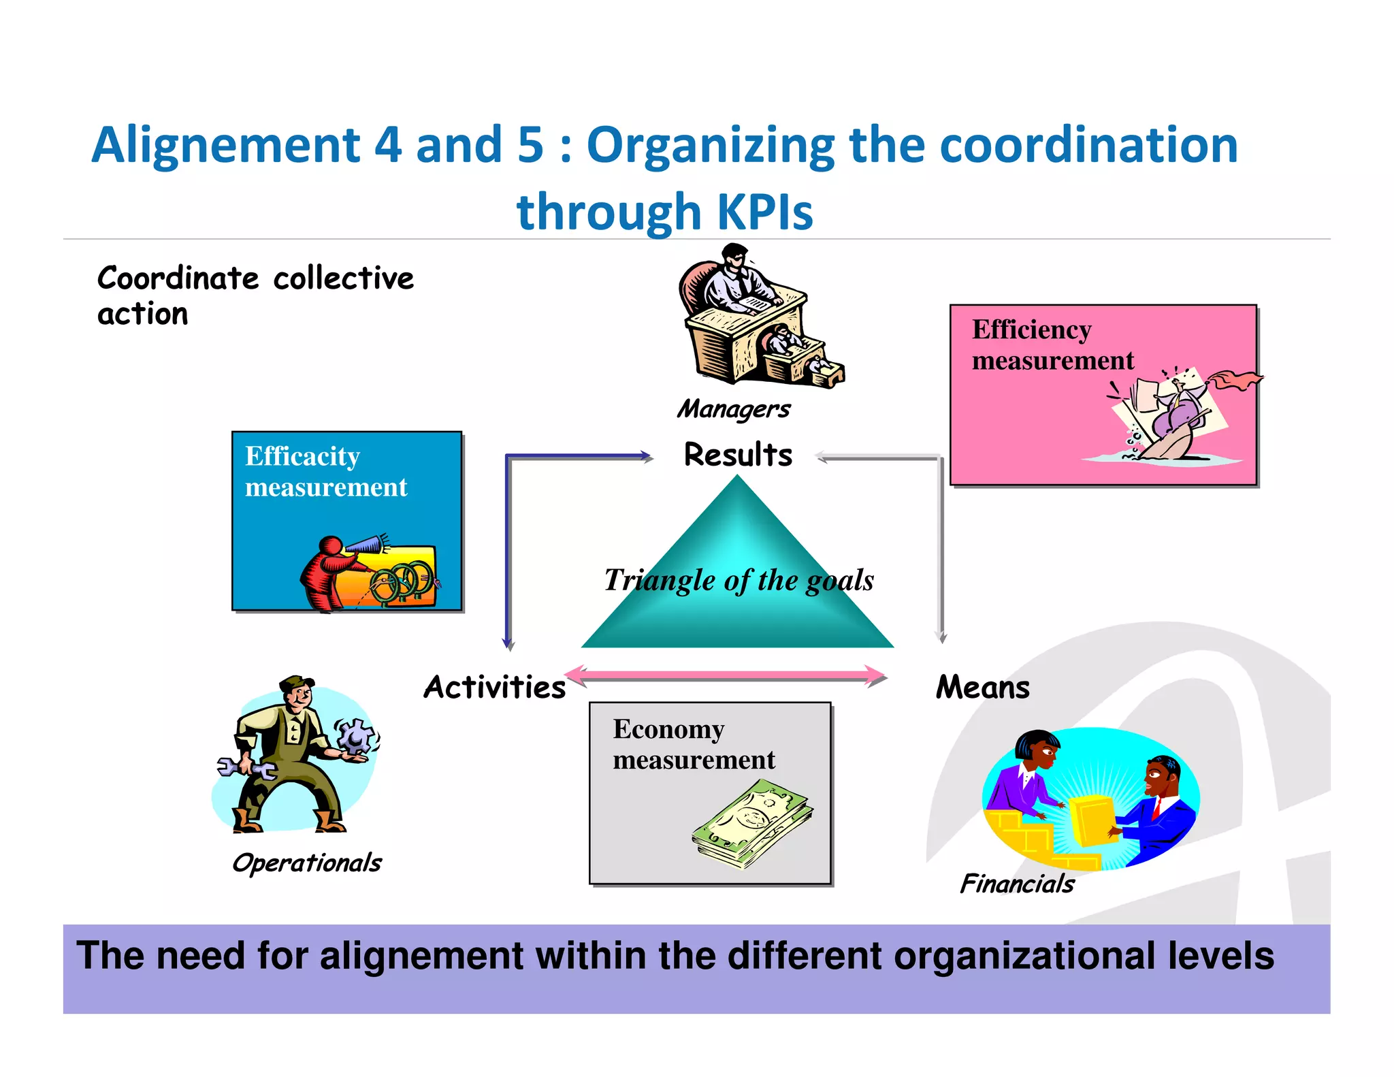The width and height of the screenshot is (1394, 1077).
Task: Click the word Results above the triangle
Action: point(738,455)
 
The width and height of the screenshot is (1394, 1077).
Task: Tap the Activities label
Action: point(495,687)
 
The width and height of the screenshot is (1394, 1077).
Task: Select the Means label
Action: point(982,687)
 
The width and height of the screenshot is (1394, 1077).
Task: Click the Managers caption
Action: point(734,408)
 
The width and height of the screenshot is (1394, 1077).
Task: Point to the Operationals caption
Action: point(306,863)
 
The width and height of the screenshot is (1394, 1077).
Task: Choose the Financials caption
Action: point(1017,884)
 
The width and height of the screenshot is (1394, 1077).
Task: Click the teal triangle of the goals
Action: point(737,599)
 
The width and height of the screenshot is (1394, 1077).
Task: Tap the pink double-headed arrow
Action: point(726,675)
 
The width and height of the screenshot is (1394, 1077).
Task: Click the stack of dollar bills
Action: point(753,824)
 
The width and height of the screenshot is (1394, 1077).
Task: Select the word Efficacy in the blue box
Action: point(302,457)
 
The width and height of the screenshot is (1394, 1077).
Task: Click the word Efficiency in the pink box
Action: point(1031,330)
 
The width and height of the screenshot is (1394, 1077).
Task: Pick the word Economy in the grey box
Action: point(668,729)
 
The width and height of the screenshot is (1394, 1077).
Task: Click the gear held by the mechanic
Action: point(356,736)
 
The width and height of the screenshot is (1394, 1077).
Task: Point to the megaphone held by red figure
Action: point(366,545)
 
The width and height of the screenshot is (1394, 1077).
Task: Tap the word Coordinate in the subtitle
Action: point(178,278)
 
